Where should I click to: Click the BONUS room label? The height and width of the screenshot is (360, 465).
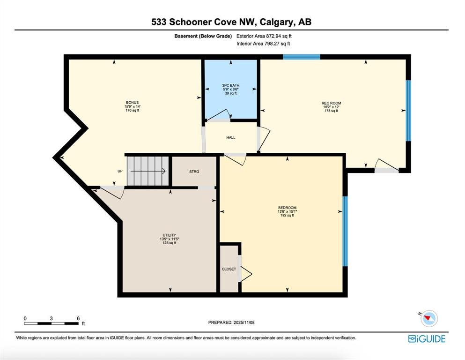tap(132, 102)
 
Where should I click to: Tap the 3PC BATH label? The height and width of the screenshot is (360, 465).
tap(231, 85)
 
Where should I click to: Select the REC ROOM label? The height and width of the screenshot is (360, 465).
tap(331, 103)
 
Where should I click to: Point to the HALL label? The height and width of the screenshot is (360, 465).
tap(231, 137)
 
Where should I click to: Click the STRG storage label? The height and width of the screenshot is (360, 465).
tap(194, 172)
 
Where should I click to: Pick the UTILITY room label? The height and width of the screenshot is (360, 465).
tap(170, 235)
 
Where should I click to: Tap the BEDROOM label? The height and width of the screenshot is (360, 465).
tap(287, 208)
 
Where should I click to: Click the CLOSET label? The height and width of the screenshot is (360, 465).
tap(229, 269)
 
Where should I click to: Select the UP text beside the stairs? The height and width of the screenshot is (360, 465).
tap(120, 171)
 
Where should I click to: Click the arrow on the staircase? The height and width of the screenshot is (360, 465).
tap(148, 171)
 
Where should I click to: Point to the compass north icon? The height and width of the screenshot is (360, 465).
tap(428, 318)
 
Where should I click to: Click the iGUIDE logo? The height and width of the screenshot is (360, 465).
tap(427, 338)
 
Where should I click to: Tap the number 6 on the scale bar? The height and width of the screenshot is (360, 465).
tap(78, 318)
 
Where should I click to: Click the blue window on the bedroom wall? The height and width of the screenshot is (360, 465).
tap(345, 232)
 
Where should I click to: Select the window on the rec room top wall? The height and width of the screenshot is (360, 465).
tap(301, 57)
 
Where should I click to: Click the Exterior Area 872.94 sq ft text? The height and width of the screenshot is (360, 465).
tap(264, 36)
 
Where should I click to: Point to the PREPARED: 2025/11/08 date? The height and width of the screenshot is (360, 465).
tap(231, 322)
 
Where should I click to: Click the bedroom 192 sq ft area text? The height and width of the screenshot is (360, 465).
tap(287, 216)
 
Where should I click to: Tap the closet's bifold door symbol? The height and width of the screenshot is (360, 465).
tap(246, 273)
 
